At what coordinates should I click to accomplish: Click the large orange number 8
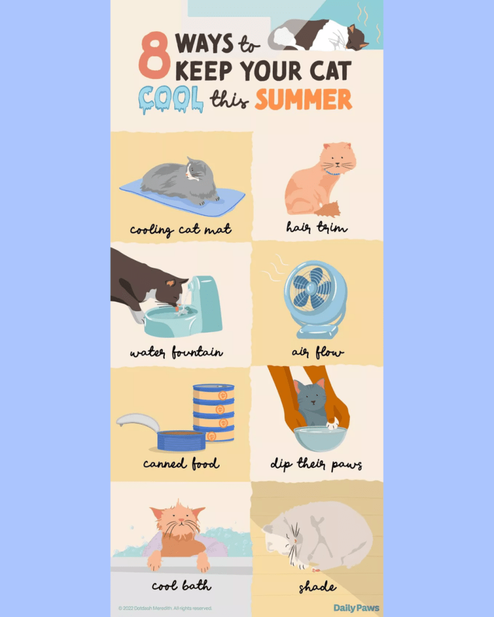click(154, 55)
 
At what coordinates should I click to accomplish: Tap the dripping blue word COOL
click(171, 99)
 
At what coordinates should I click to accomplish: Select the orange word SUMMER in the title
click(303, 99)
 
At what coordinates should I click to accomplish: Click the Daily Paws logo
click(356, 608)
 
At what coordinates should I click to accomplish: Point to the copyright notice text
click(165, 609)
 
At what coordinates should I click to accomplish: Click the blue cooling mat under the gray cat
click(182, 197)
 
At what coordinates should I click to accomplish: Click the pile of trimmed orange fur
click(328, 209)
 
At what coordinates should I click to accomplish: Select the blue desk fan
click(315, 299)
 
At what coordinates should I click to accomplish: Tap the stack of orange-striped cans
click(214, 413)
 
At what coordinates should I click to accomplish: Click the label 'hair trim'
click(317, 227)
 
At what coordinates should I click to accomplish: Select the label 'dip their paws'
click(316, 464)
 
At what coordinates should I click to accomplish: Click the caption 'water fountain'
click(177, 352)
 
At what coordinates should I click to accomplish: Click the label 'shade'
click(317, 587)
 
